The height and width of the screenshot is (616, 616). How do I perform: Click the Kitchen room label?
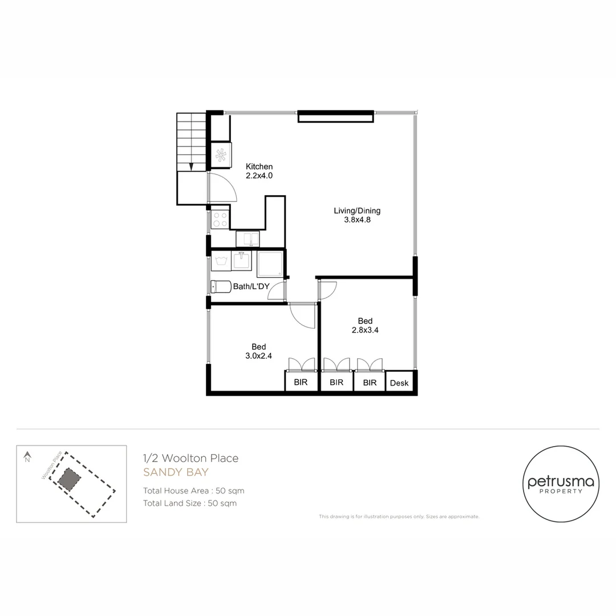(259, 171)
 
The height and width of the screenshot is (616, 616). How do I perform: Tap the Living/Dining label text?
(356, 215)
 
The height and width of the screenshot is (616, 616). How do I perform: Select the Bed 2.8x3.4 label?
(365, 325)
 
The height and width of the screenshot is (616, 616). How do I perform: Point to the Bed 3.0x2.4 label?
(259, 351)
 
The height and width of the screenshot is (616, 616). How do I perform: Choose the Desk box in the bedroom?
(399, 383)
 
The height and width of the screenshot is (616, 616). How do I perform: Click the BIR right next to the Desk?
(370, 383)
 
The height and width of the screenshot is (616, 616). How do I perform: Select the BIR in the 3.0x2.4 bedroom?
(301, 383)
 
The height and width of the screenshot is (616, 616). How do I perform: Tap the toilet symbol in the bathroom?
(221, 286)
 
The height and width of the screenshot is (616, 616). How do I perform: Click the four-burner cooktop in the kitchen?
(220, 220)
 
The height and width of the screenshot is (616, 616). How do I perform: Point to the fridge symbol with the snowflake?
(221, 155)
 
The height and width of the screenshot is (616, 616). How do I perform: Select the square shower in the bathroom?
(269, 264)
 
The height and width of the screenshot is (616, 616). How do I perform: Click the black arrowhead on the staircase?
(191, 167)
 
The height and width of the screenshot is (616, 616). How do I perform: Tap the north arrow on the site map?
(27, 456)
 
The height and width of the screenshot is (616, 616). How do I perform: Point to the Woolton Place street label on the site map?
(51, 465)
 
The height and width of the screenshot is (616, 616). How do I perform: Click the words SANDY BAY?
(176, 472)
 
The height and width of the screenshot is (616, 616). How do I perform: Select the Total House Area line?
(193, 491)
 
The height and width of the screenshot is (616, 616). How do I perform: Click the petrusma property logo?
(561, 484)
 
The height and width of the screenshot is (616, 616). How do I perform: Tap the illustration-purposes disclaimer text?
(399, 517)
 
